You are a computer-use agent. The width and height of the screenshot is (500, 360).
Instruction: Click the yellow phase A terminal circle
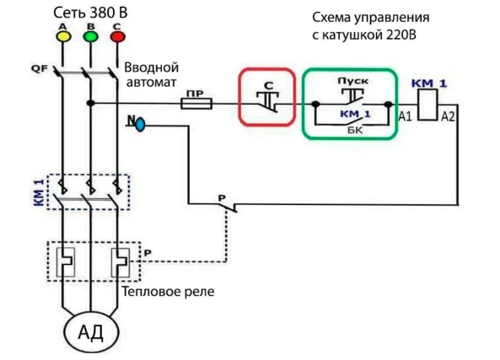click(62, 36)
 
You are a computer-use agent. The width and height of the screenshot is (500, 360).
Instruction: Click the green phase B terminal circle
click(89, 36)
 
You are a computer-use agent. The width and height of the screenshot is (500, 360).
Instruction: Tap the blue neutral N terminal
click(140, 125)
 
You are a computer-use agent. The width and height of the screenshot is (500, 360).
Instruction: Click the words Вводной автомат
click(151, 73)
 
